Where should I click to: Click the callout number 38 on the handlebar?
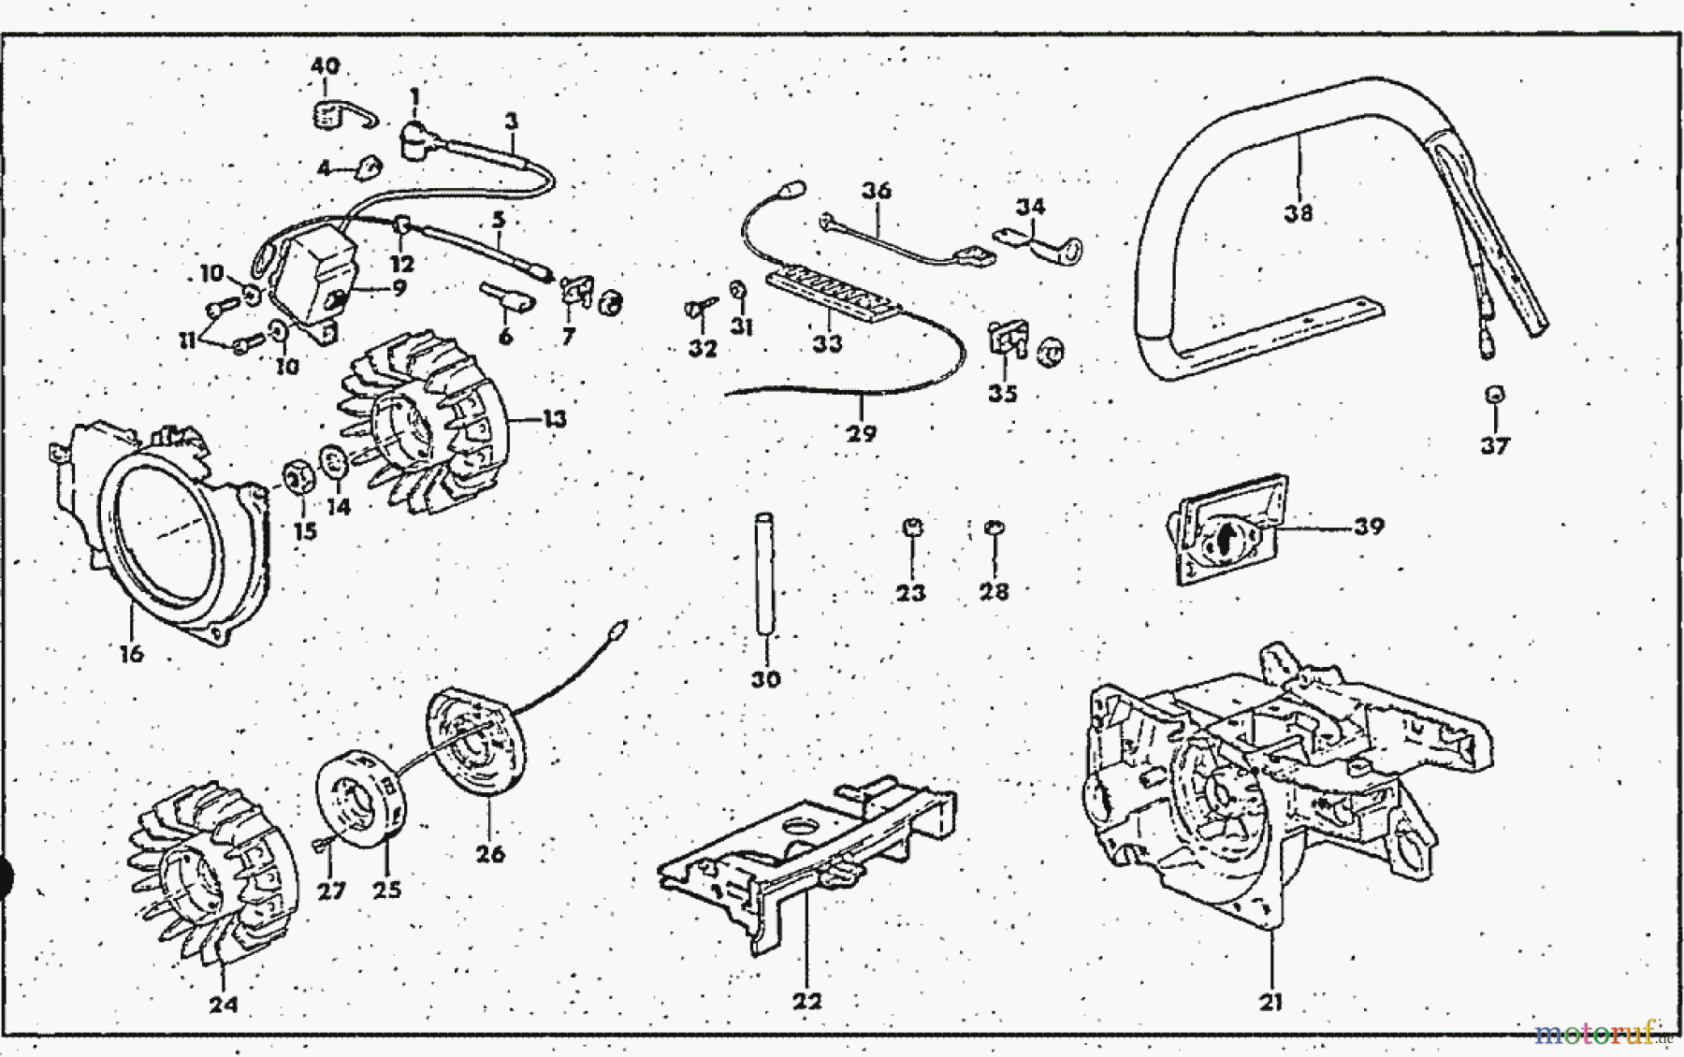coord(1299,213)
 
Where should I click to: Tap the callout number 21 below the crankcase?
coord(1270,1003)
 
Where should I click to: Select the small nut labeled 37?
coord(1494,395)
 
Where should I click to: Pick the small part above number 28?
coord(994,529)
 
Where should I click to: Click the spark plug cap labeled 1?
coord(413,138)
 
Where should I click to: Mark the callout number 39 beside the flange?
coord(1369,527)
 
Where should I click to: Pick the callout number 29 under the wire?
coord(862,433)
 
